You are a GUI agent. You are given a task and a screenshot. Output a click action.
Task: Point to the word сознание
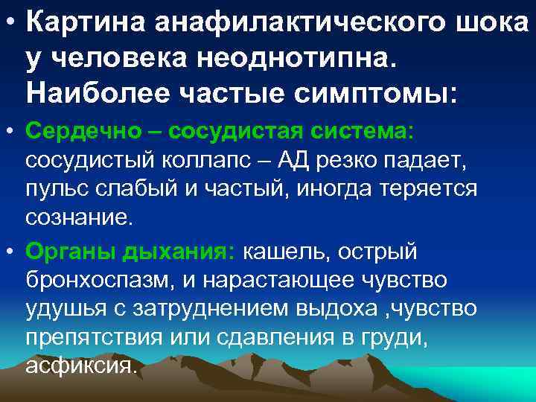click(78, 218)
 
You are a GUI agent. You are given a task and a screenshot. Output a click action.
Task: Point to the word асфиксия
click(81, 367)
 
